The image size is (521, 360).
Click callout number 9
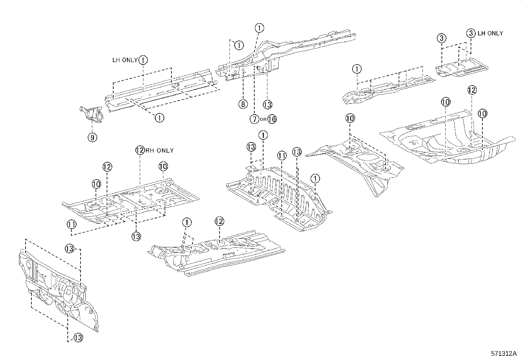pos(92,138)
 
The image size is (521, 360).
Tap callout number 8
pos(243,104)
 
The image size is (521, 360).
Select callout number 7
pos(254,119)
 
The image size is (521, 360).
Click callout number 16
pos(272,119)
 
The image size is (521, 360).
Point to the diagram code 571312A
pos(503,353)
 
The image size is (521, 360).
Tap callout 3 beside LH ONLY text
pos(471,33)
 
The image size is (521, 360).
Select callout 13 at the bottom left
pos(78,337)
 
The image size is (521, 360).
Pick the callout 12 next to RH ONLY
pos(140,150)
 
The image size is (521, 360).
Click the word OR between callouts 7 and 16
pos(263,120)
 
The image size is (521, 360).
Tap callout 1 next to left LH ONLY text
pos(143,60)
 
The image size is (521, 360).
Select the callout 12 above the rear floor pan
pos(472,90)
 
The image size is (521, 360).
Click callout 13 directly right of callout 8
pos(267,104)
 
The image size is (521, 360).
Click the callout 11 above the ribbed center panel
pos(282,156)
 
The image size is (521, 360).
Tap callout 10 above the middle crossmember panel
pos(350,118)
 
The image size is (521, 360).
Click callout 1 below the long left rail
pos(159,118)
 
